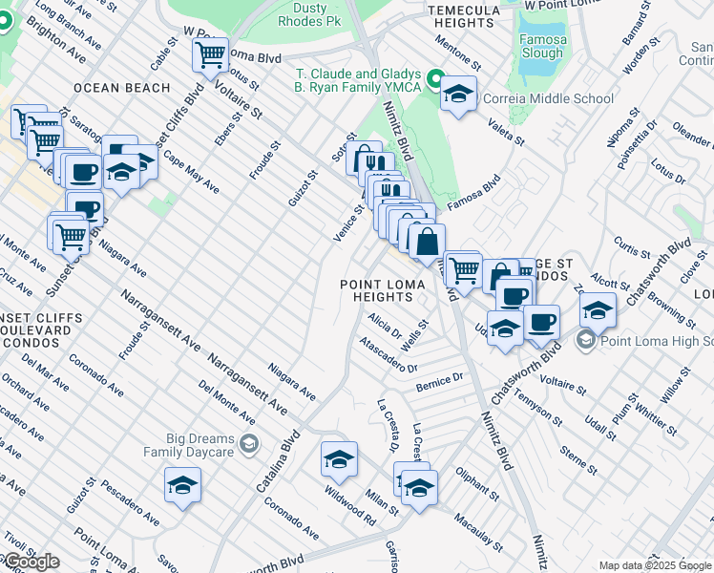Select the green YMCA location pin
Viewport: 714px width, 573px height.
click(434, 79)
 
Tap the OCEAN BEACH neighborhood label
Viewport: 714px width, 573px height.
click(122, 88)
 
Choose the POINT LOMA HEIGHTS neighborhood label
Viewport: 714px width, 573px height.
click(384, 291)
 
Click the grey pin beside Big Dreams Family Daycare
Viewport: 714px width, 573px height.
click(249, 442)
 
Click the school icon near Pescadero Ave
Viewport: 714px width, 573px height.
click(182, 485)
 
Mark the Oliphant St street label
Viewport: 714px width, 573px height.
click(476, 483)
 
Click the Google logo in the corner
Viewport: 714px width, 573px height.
click(31, 562)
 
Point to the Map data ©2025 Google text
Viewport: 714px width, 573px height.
click(655, 565)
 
